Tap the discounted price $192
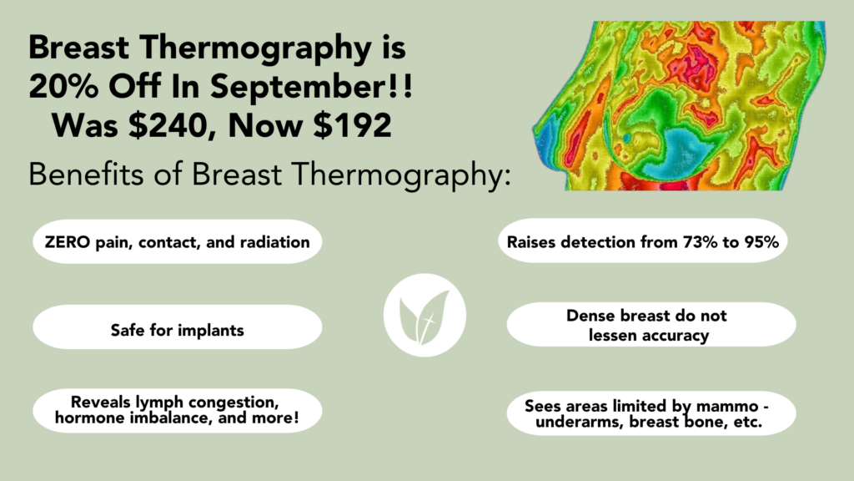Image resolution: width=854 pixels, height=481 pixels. coord(353,125)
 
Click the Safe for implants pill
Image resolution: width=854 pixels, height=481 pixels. coord(177,327)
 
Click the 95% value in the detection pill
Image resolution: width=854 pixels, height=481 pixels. coord(761,241)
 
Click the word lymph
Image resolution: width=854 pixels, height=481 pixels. coord(159,403)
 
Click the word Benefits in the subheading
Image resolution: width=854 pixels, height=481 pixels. coord(87,175)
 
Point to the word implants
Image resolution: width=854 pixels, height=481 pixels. coord(211,331)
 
